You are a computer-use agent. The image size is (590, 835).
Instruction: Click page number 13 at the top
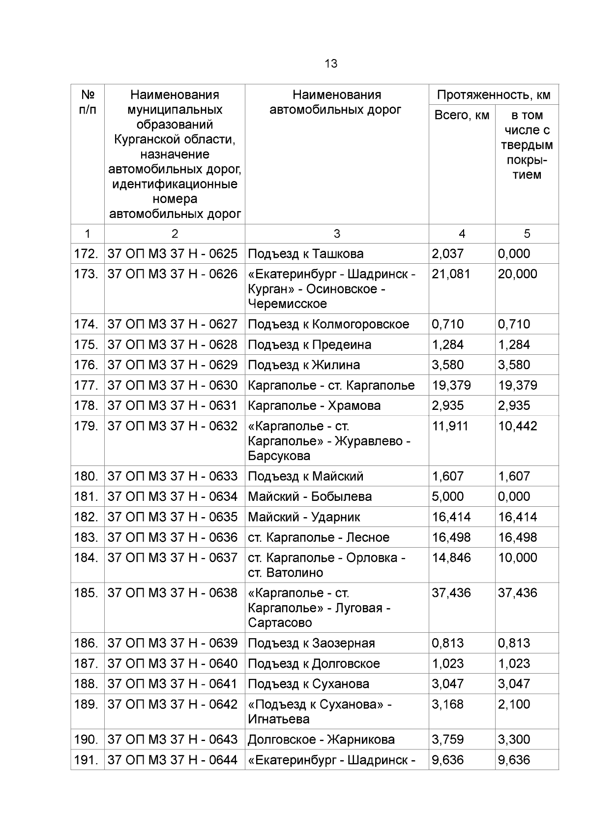[331, 64]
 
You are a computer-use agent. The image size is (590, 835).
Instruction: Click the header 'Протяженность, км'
[494, 95]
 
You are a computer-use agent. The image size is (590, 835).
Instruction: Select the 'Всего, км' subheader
[462, 116]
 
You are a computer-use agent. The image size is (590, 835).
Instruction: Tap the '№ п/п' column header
[88, 102]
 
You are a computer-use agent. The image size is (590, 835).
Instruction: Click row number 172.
[86, 254]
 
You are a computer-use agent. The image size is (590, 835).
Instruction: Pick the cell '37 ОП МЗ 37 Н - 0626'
[173, 274]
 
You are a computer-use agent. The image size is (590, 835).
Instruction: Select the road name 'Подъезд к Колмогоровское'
[328, 324]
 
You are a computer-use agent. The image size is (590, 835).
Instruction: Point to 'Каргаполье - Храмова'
[314, 405]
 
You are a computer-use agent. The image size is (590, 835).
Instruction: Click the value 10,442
[517, 426]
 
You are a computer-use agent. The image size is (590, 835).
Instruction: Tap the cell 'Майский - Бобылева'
[310, 496]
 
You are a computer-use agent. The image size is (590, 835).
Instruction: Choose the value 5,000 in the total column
[447, 496]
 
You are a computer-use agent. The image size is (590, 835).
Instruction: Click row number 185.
[86, 593]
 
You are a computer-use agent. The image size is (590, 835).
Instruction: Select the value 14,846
[451, 557]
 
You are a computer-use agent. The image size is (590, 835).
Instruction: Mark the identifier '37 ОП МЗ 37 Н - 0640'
[173, 664]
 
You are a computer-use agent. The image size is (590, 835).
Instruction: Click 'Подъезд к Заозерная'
[311, 644]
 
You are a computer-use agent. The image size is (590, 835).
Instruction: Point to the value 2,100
[514, 704]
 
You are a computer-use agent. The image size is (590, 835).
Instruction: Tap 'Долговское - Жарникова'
[321, 740]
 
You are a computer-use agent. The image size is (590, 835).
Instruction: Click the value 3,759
[447, 740]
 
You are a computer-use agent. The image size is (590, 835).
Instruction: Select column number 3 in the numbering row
[337, 234]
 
